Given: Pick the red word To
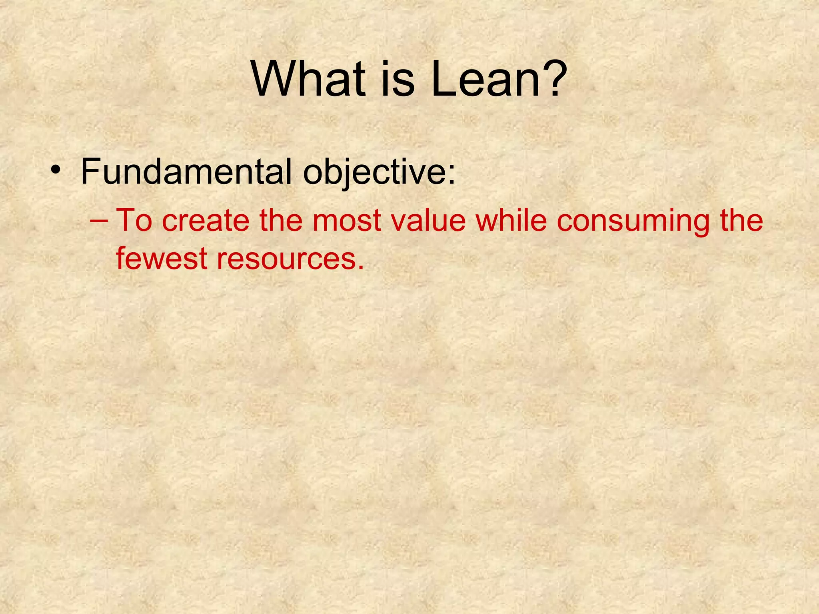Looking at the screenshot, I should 134,220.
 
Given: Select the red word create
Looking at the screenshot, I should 206,221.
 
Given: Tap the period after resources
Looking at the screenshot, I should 361,267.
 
